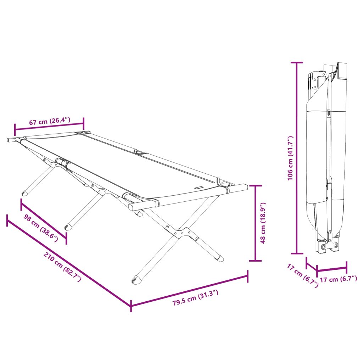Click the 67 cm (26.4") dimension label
50,121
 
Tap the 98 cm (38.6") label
41,228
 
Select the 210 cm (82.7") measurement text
62,267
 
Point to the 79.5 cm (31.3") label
196,298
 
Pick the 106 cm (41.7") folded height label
290,158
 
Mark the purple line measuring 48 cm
255,223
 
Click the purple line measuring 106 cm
297,158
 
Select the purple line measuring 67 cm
49,127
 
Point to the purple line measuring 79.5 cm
189,291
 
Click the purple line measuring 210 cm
69,263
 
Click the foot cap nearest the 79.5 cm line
136,280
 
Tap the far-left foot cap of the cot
24,193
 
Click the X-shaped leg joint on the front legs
182,232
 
